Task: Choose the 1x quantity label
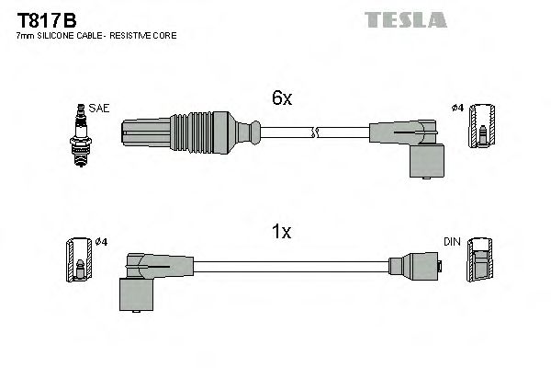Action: (282, 233)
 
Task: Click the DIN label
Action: (451, 242)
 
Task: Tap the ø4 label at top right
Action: (456, 109)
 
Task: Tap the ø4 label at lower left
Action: (101, 242)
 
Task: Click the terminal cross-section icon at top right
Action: (482, 128)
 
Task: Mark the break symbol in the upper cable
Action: (314, 133)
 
